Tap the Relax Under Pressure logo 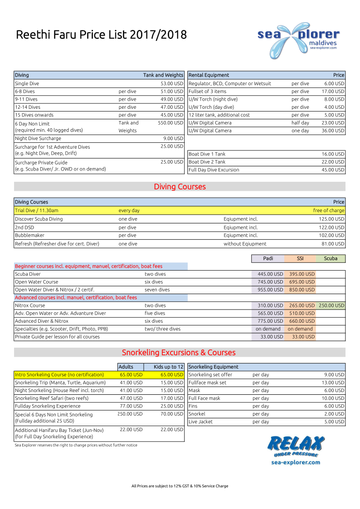pos(296,449)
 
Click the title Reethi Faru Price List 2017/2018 pos(101,35)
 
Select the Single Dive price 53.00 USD pos(171,83)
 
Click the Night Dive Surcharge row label pos(38,139)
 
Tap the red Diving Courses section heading pos(180,187)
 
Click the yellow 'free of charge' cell pos(328,210)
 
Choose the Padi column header pos(268,259)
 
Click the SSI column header pos(300,259)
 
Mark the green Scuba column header pos(331,259)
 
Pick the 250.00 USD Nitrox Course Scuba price pos(331,305)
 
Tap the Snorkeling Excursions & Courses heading pos(179,353)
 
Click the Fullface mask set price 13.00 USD pos(334,383)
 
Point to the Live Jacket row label pos(200,422)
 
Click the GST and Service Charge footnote pos(180,486)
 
